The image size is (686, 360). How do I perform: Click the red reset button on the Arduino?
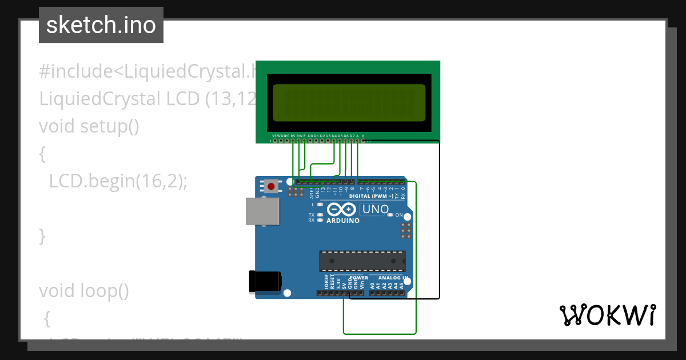point(271,186)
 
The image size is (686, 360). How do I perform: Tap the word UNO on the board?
point(376,210)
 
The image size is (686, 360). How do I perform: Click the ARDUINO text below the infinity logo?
point(343,221)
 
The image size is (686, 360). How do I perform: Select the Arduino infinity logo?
point(342,210)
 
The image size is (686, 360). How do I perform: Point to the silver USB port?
point(262,211)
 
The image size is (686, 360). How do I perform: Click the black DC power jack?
point(265,282)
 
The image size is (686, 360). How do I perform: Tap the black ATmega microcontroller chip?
point(362,261)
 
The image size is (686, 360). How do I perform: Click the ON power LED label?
point(399,215)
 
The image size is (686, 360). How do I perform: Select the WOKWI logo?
point(607,315)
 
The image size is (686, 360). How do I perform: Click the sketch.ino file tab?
point(101,25)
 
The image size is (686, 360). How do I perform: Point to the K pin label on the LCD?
point(364,135)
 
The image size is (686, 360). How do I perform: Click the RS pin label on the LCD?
point(293,135)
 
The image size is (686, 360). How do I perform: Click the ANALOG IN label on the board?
point(389,278)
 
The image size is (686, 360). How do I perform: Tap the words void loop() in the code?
point(84,291)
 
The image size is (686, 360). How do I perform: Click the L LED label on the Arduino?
point(313,204)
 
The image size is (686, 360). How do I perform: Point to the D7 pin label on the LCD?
point(352,135)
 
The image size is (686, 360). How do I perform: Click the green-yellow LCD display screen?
point(349,102)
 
